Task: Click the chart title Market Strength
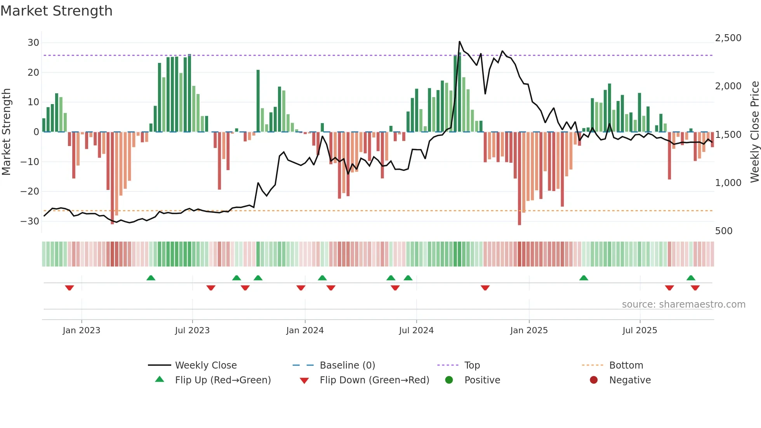point(56,11)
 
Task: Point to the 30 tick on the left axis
point(33,43)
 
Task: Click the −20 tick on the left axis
point(30,191)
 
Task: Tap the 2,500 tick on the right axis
point(728,38)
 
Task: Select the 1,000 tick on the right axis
point(728,183)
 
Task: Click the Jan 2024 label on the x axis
point(305,331)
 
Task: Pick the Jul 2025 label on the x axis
point(639,331)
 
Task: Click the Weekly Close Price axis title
point(754,132)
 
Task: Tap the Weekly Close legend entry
point(205,365)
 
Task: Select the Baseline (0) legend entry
point(347,365)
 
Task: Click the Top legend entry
point(472,365)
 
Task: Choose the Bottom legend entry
point(626,365)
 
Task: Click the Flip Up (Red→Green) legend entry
point(222,380)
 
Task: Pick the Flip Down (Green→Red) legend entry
point(374,380)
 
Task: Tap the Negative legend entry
point(629,380)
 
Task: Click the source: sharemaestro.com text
point(683,304)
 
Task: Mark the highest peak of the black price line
point(460,42)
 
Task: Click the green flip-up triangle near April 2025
point(584,278)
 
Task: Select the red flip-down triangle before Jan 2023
point(69,288)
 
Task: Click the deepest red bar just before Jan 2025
point(519,179)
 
